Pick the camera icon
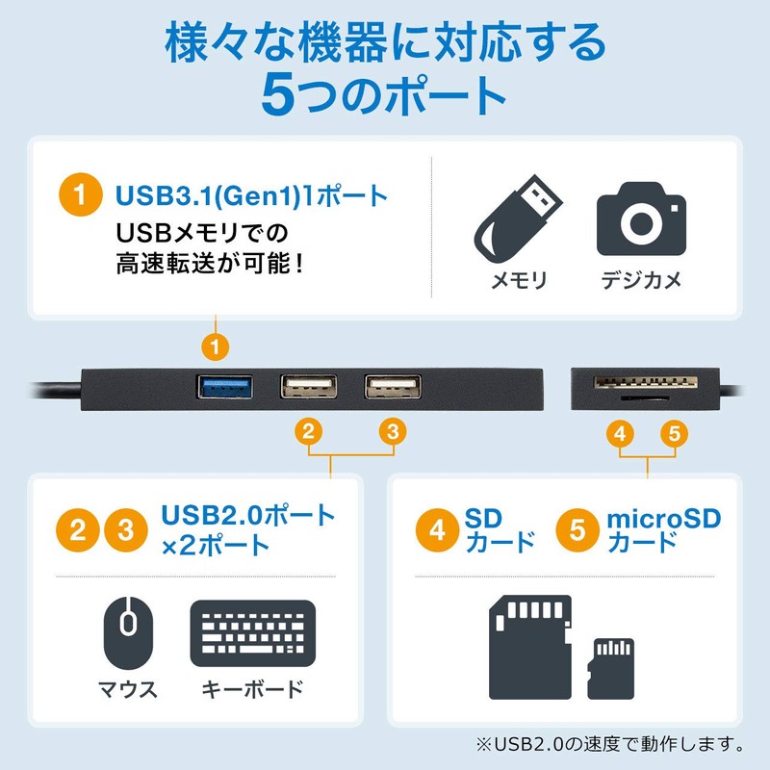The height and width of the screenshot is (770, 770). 641,219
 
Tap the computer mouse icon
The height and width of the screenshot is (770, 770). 128,632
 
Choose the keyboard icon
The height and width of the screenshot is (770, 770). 253,632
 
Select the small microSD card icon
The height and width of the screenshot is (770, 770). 612,667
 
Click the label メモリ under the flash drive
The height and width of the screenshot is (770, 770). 519,280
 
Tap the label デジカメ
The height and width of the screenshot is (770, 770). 641,280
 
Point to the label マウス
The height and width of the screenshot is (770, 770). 128,689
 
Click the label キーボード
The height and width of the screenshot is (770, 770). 253,689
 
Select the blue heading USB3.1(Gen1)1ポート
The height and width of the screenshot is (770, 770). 251,195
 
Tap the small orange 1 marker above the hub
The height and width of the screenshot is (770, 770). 218,344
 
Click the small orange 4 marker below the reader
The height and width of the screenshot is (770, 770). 622,433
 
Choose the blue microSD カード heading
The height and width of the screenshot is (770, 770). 663,530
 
